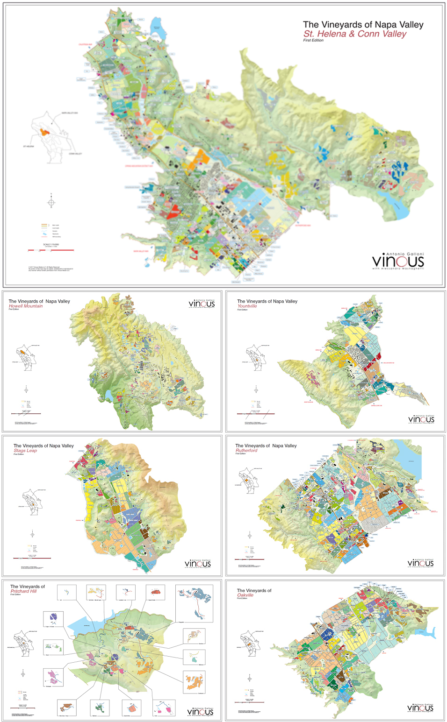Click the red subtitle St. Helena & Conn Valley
tap(354, 34)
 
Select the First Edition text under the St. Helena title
tap(313, 41)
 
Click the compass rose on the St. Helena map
tap(51, 202)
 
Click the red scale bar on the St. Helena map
tap(51, 250)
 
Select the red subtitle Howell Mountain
tap(26, 306)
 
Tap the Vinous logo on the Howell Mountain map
tap(202, 304)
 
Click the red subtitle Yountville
tap(247, 306)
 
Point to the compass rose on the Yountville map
tap(256, 390)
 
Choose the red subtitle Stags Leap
tap(25, 451)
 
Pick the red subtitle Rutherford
tap(246, 451)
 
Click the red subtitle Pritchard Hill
tap(23, 591)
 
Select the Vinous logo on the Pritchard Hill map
tap(200, 712)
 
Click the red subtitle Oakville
tap(245, 595)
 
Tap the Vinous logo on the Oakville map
tap(420, 708)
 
